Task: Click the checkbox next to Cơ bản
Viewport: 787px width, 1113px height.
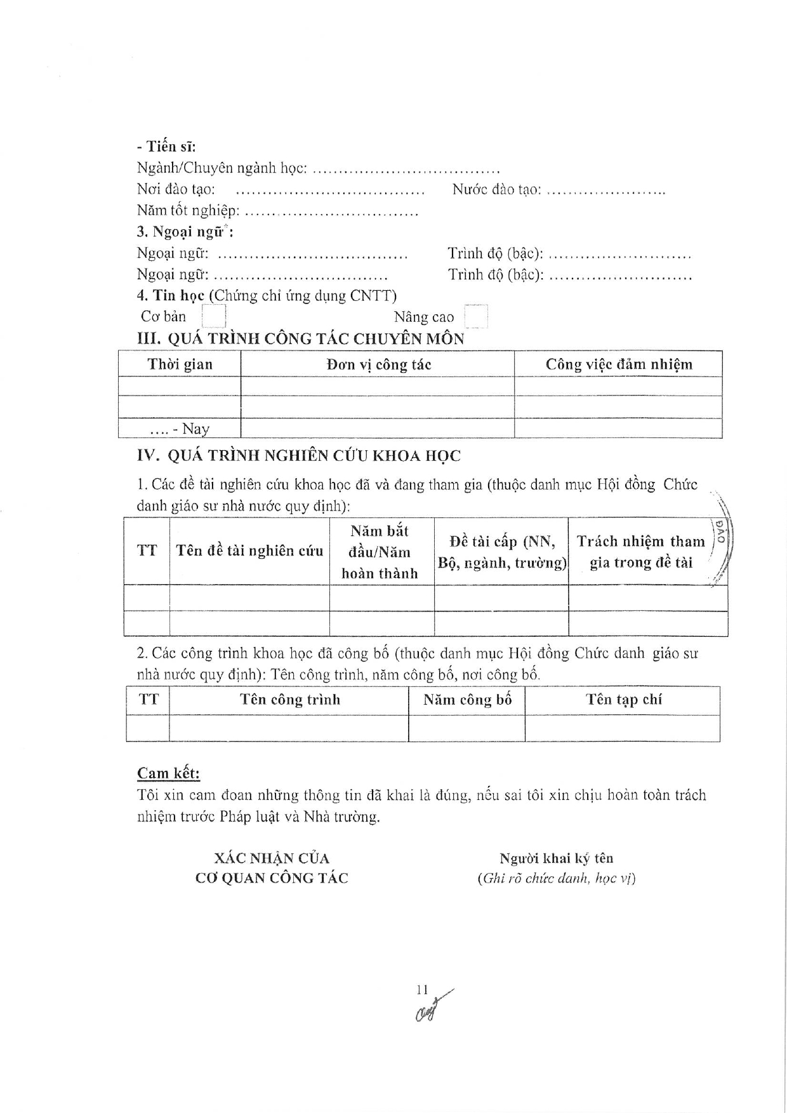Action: pos(214,316)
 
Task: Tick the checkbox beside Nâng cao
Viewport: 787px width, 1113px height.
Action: pos(476,316)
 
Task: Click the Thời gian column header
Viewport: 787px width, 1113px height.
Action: pos(180,364)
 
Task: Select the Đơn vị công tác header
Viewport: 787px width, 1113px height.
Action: pos(378,364)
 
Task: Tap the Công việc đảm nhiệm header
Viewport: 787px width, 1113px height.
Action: pos(619,364)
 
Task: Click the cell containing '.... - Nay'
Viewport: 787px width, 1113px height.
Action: pos(180,429)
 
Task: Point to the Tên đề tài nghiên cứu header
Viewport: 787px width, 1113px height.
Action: pos(249,550)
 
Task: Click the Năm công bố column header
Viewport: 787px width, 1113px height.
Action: pos(467,700)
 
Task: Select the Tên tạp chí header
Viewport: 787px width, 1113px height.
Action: pos(623,700)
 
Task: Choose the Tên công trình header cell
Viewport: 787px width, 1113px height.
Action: pos(289,700)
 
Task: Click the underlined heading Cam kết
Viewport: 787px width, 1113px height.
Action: pos(168,773)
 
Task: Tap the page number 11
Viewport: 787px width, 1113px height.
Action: pos(423,990)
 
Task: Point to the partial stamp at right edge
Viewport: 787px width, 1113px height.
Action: pos(722,540)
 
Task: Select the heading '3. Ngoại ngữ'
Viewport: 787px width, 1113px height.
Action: pos(185,232)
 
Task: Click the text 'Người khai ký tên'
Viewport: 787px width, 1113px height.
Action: pos(556,858)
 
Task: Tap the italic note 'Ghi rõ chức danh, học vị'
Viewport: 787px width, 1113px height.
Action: pos(556,879)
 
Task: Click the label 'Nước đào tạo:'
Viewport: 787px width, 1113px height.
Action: pos(496,189)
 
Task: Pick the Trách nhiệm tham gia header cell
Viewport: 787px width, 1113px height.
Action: pos(640,551)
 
